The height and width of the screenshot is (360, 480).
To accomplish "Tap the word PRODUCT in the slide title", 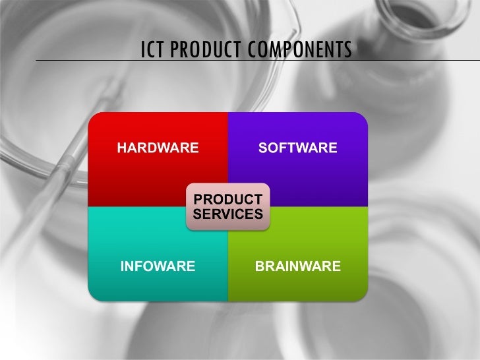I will tap(204, 49).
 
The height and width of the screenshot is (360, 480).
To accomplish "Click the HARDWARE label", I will tap(158, 148).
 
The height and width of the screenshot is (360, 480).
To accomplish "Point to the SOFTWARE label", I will tap(298, 148).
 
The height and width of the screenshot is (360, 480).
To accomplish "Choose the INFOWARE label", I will tap(157, 266).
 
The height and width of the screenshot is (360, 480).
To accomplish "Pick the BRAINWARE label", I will tap(298, 266).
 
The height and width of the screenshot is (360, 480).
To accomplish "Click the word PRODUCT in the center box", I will tap(228, 199).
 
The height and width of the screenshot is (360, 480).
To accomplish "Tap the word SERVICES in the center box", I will tap(228, 214).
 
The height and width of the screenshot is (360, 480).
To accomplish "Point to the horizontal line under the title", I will tap(79, 60).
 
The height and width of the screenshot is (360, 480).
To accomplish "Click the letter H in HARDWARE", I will tap(122, 148).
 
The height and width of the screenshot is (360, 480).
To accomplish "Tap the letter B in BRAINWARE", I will tap(260, 266).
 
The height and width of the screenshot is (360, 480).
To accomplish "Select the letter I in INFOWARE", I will tap(121, 266).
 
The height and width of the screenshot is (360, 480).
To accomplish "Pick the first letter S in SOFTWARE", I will tap(263, 148).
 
